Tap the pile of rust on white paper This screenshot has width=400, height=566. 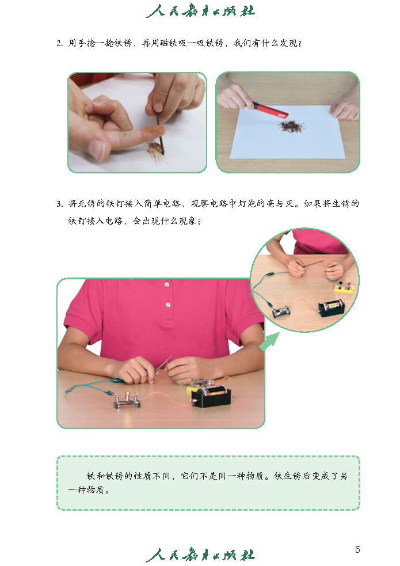[291, 124]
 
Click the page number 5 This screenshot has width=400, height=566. [357, 549]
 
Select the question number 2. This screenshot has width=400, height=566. [59, 43]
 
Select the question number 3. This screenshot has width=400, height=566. [59, 204]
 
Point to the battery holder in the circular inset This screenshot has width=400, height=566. [331, 306]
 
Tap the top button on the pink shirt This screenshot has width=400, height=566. [167, 284]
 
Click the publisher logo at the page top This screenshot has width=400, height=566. [200, 11]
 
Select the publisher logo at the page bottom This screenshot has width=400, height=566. [200, 555]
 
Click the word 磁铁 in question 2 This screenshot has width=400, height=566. [170, 43]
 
